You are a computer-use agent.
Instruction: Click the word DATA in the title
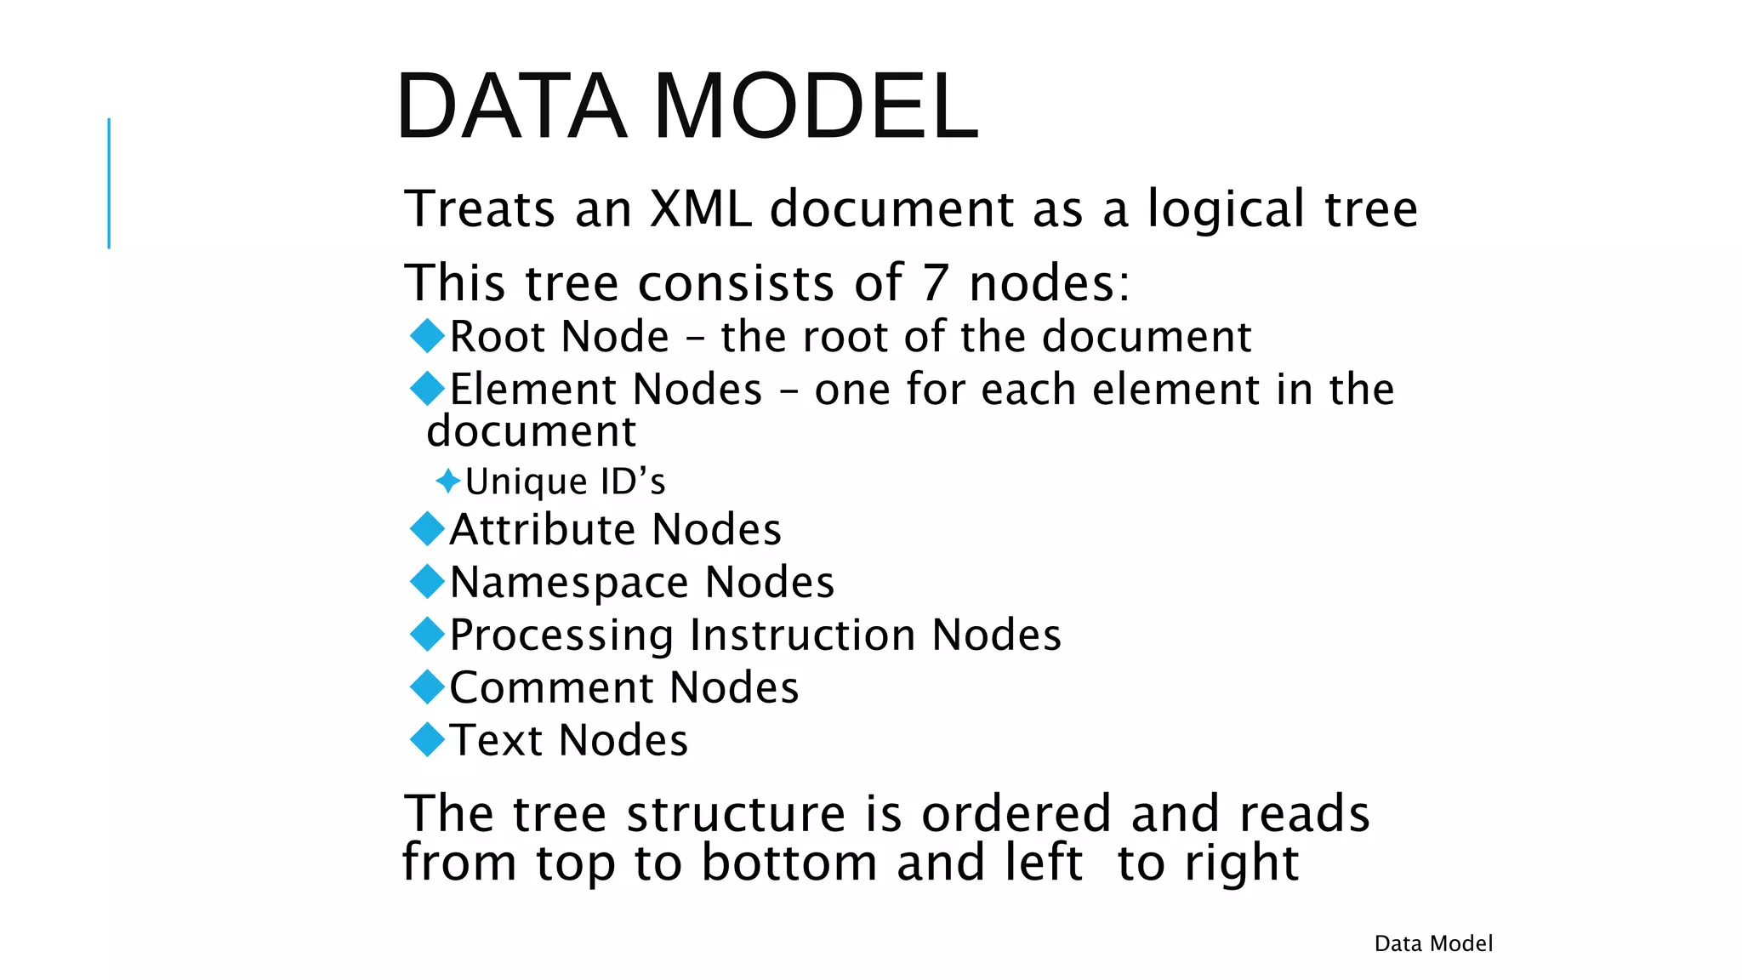coord(511,106)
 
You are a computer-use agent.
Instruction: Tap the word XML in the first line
coord(701,208)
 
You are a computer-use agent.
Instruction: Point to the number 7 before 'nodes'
coord(935,282)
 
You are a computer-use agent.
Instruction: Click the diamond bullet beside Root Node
coord(427,335)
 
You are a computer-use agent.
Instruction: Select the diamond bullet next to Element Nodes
coord(427,388)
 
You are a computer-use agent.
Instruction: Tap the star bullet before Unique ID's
coord(447,481)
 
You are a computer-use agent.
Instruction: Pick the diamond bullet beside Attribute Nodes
coord(427,528)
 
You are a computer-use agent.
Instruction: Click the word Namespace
coord(569,583)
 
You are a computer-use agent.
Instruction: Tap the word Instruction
coord(803,635)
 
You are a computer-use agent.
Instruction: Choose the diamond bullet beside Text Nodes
coord(427,739)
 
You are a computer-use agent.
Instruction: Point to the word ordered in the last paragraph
coord(1016,813)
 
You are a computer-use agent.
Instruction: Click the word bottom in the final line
coord(788,863)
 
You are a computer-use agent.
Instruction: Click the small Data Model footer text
coord(1433,943)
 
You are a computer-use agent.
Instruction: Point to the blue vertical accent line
coord(109,183)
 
